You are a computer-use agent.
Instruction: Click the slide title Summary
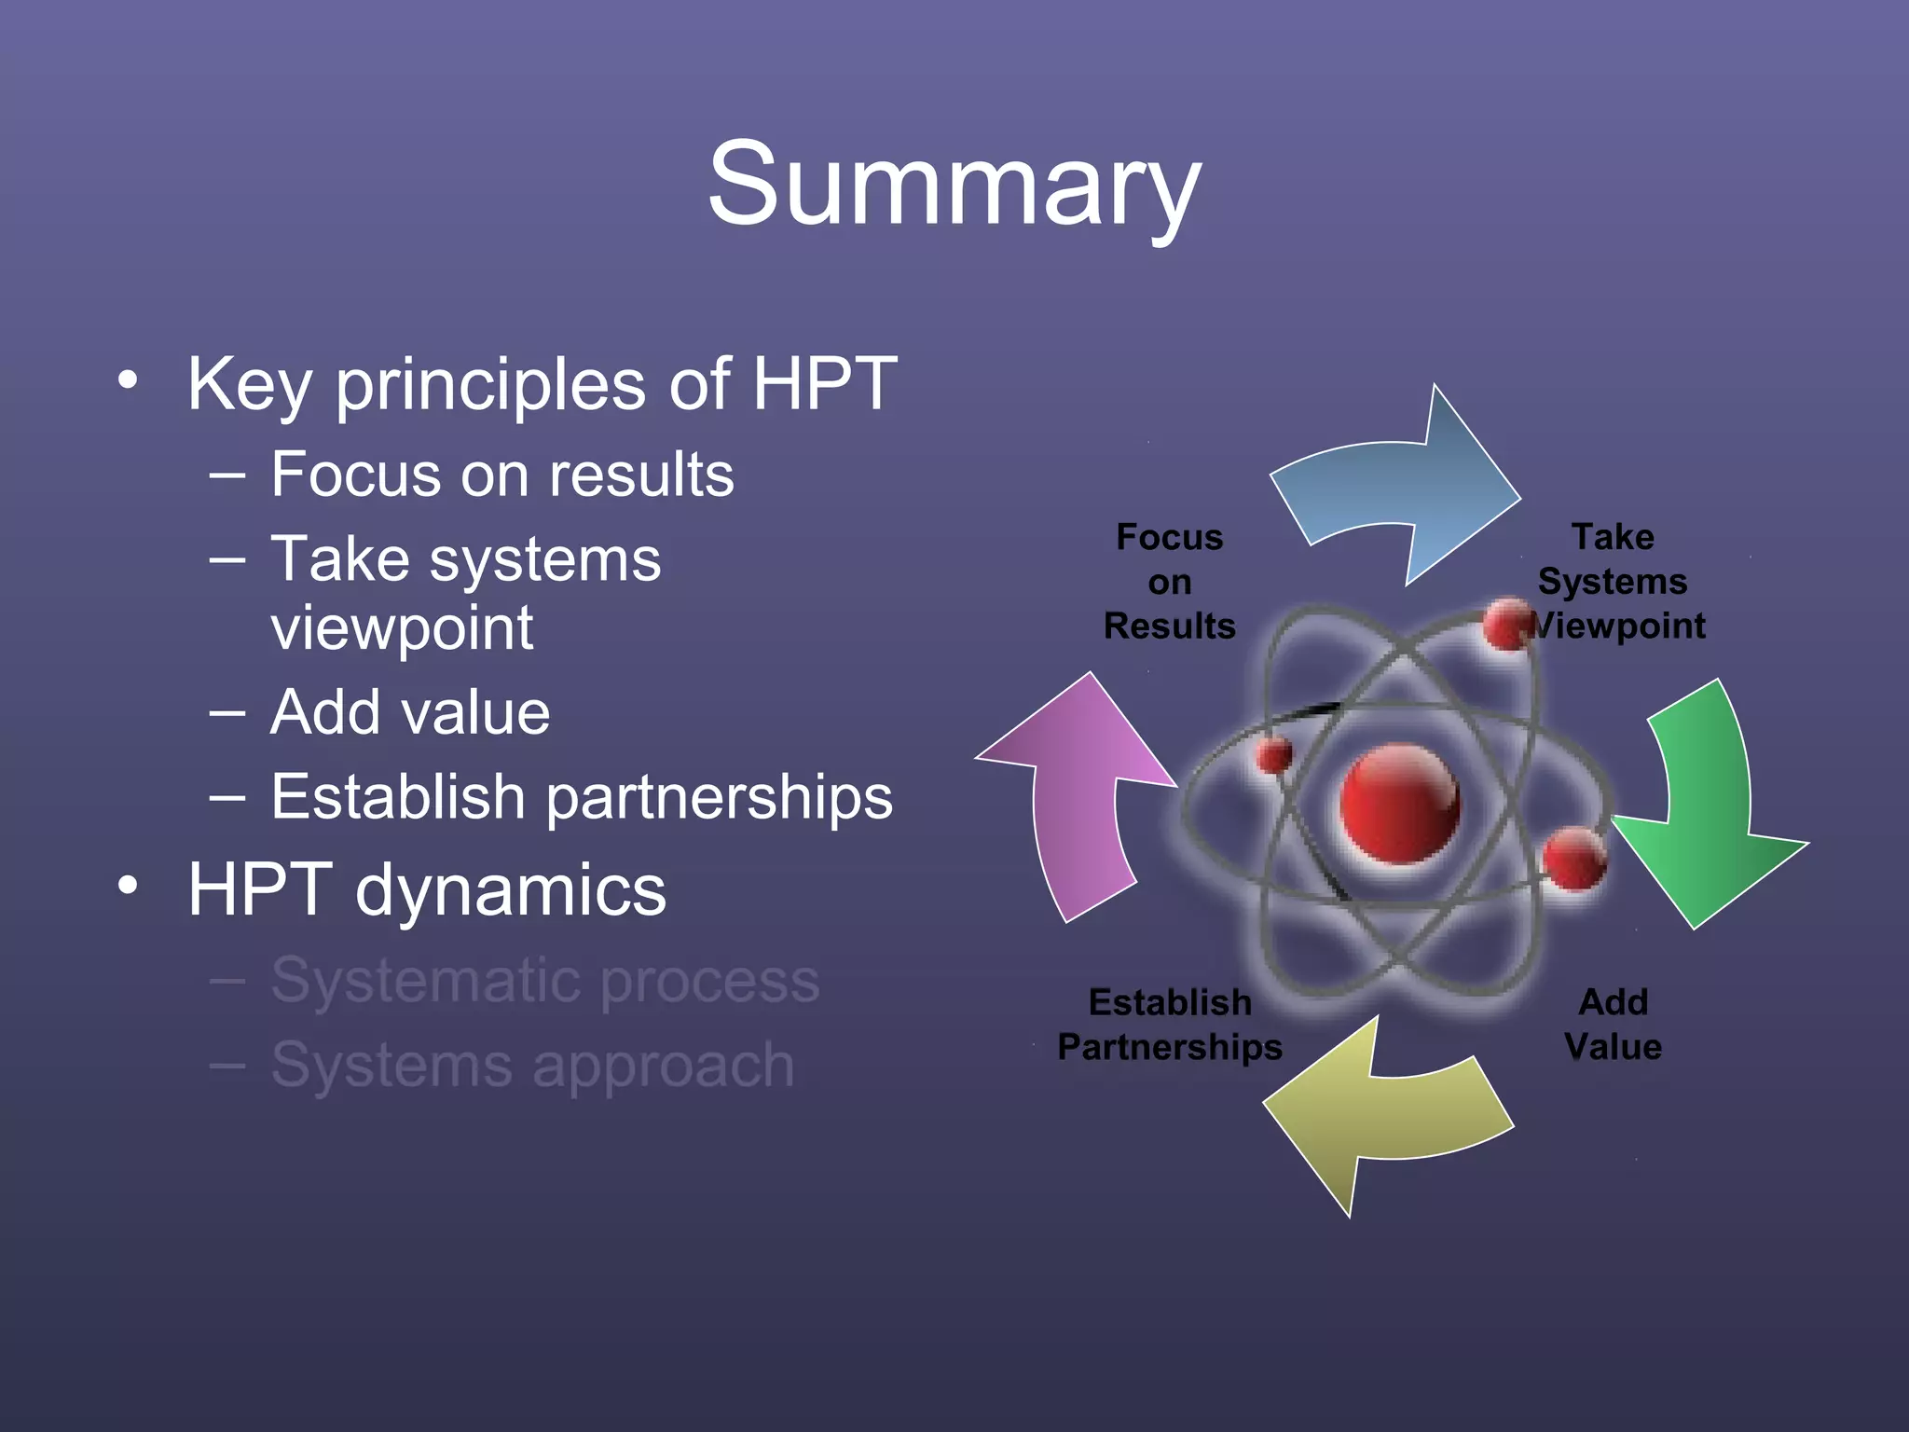pos(954,184)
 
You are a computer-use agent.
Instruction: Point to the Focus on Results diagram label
pos(1169,582)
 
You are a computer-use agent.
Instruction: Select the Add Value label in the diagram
pos(1613,1024)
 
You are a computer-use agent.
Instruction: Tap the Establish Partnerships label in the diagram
pos(1169,1024)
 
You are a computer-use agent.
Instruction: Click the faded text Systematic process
pos(544,981)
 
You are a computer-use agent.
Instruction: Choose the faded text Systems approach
pos(531,1065)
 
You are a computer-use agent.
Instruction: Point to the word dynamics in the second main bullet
pos(511,889)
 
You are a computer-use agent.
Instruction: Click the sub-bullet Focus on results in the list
pos(501,475)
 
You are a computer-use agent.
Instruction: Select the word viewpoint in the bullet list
pos(402,628)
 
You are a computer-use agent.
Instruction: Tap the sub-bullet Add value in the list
pos(409,713)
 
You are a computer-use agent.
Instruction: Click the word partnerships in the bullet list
pos(719,798)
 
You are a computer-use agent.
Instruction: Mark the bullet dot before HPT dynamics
pos(129,886)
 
